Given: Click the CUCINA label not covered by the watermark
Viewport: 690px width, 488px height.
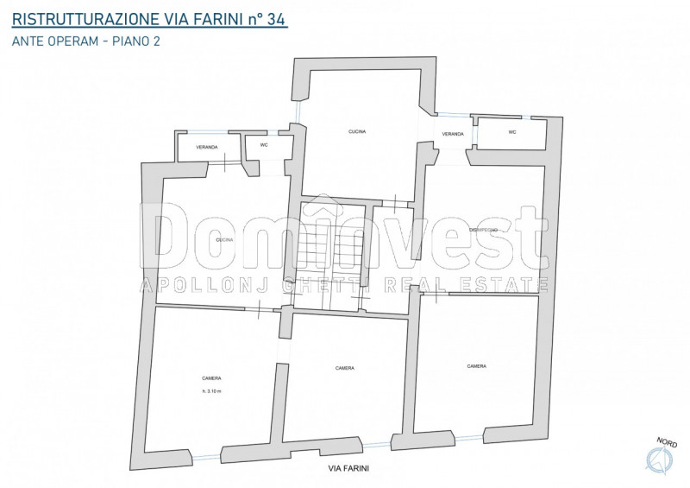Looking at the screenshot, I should pyautogui.click(x=357, y=131).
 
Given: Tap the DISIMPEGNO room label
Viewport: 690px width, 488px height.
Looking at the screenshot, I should pyautogui.click(x=483, y=230).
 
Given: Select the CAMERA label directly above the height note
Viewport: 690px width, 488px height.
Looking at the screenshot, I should pyautogui.click(x=211, y=378).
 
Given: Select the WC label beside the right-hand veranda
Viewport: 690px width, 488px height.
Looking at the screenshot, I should pyautogui.click(x=511, y=132).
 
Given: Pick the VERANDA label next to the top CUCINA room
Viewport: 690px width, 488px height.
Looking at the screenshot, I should pyautogui.click(x=454, y=135).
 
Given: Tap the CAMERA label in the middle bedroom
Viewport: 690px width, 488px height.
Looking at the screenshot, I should pyautogui.click(x=345, y=368).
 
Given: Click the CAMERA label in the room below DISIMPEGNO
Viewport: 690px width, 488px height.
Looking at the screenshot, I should pyautogui.click(x=476, y=366).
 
